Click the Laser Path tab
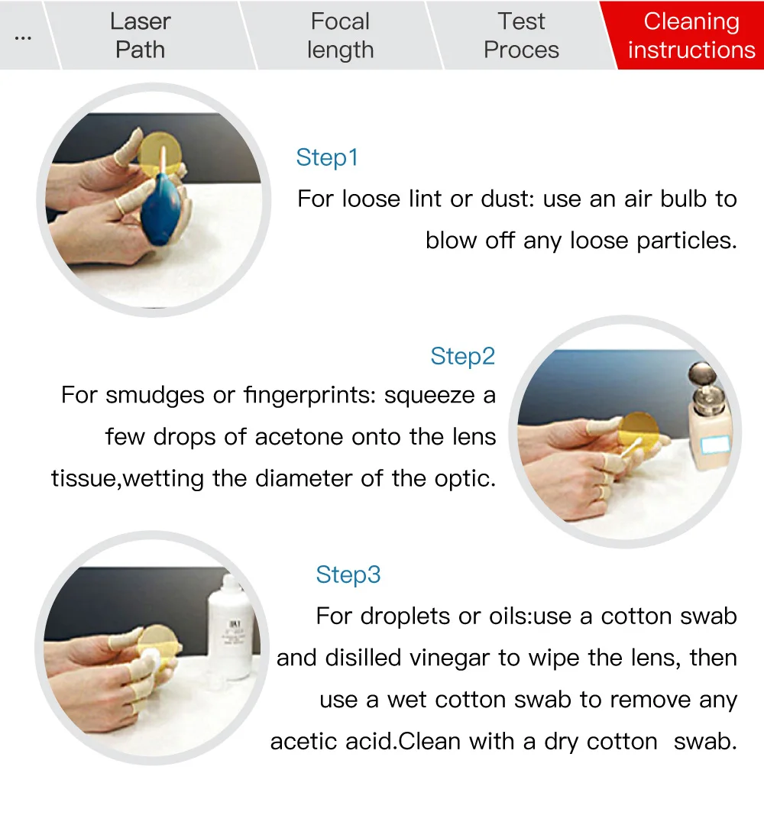point(140,35)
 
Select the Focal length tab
point(341,35)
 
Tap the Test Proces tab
point(521,35)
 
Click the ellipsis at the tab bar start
point(23,38)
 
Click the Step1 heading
point(327,157)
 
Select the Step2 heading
point(462,356)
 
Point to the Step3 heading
point(348,574)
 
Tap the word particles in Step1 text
point(687,241)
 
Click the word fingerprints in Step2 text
point(310,396)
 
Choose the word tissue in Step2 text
point(86,479)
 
